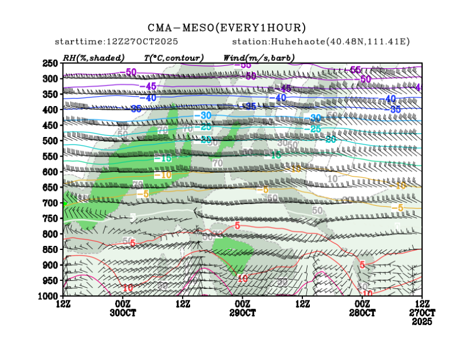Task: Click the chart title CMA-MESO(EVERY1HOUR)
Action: click(227, 28)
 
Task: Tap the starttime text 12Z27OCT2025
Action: click(116, 42)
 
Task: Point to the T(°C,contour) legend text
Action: click(174, 58)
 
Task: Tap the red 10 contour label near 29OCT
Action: click(242, 279)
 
